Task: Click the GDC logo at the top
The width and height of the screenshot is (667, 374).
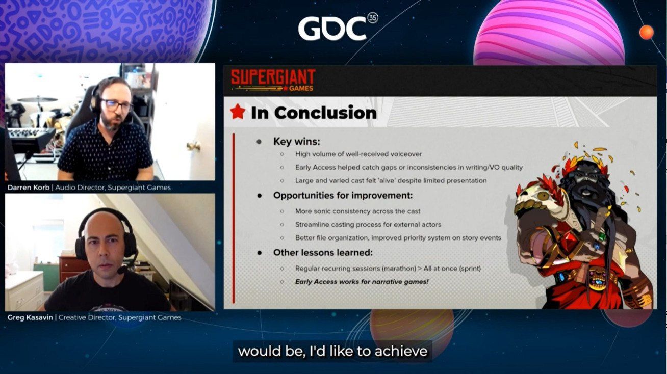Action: (x=338, y=27)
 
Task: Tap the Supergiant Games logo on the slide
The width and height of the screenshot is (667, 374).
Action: (x=273, y=80)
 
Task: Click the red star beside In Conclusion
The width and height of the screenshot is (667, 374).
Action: (x=238, y=112)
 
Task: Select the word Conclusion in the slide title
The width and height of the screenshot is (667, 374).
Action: (x=325, y=113)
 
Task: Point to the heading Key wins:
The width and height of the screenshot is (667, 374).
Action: (x=297, y=141)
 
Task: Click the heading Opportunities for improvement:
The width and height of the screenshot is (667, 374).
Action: (x=343, y=196)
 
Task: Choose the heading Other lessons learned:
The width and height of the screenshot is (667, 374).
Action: (x=323, y=253)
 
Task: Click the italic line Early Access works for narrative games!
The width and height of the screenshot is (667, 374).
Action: (x=362, y=282)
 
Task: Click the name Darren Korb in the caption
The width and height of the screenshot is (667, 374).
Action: (x=29, y=188)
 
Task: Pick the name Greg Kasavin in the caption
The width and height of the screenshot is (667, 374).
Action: (x=30, y=317)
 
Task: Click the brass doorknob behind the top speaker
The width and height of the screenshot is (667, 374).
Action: (x=193, y=146)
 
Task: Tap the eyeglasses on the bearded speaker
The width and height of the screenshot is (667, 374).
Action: (x=116, y=105)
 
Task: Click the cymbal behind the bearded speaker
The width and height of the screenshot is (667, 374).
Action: (x=38, y=99)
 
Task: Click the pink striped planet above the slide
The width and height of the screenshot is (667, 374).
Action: (x=549, y=33)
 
